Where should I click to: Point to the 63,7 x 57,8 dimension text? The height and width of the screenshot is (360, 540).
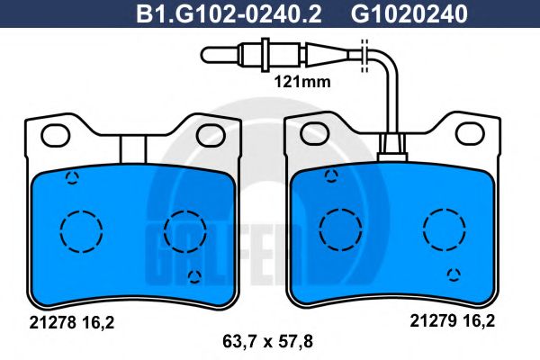tap(269, 340)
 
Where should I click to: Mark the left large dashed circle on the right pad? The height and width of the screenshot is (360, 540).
tap(339, 223)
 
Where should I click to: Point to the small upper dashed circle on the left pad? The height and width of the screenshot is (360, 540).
tap(73, 176)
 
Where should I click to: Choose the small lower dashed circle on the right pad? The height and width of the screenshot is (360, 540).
tap(454, 274)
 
